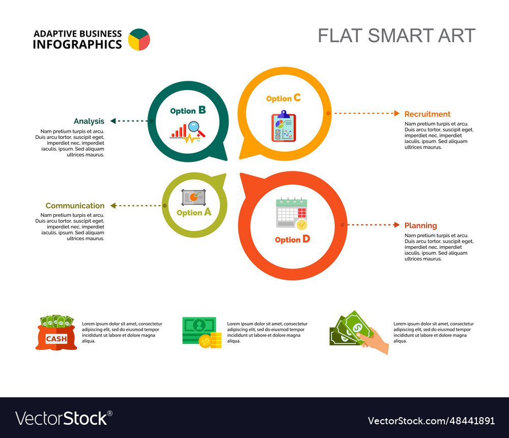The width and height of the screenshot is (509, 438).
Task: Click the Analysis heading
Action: [x=89, y=121]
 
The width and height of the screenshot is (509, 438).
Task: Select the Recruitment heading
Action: [x=428, y=114]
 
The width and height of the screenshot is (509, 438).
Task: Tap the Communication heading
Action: [x=75, y=206]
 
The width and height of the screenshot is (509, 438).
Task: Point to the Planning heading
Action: [x=420, y=225]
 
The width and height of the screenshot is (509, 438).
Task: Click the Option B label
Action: [x=188, y=110]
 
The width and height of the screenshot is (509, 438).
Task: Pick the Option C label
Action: [x=284, y=98]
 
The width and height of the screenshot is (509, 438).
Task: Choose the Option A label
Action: [x=194, y=213]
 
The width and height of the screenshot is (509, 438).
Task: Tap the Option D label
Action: [x=292, y=239]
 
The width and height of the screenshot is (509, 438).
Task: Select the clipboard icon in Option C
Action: [x=284, y=127]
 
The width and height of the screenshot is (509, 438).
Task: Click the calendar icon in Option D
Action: [x=291, y=213]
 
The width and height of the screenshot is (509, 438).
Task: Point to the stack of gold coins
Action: [x=216, y=340]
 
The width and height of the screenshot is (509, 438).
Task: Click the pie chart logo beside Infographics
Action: [x=139, y=40]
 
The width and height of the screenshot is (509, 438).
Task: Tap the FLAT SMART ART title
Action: [x=397, y=36]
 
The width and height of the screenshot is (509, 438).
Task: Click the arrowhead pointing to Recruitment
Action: [x=397, y=113]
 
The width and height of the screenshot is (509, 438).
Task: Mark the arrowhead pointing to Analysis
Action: [x=113, y=121]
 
